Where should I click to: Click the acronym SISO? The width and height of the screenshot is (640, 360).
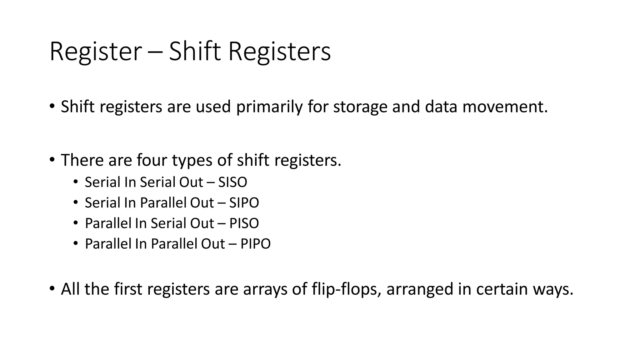[232, 182]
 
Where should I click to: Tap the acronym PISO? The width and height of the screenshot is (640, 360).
[244, 223]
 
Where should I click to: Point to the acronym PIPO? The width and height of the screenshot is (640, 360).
[255, 244]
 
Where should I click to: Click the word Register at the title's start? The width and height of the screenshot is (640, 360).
[96, 52]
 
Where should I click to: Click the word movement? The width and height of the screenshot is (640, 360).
[505, 107]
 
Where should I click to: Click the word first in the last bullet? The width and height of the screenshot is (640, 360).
[128, 289]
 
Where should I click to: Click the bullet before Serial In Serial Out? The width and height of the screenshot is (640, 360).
[75, 182]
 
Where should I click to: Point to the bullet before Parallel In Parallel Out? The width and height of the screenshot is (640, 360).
[75, 243]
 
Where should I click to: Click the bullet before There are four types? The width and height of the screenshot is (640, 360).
[52, 160]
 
